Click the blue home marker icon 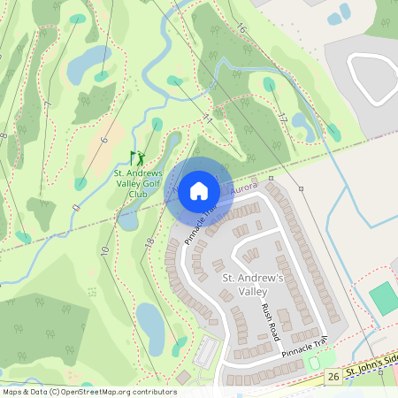tap(199, 191)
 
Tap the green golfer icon tap(137, 159)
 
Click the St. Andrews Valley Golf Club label tap(137, 184)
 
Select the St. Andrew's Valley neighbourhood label tap(251, 284)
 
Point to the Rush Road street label tap(269, 320)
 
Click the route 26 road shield tap(333, 378)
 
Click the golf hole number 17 tap(282, 118)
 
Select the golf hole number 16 tap(241, 29)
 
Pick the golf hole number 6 tap(103, 140)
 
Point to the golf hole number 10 tap(104, 251)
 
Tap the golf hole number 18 tap(149, 241)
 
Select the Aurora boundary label tap(244, 188)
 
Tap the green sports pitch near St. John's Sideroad tap(384, 298)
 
